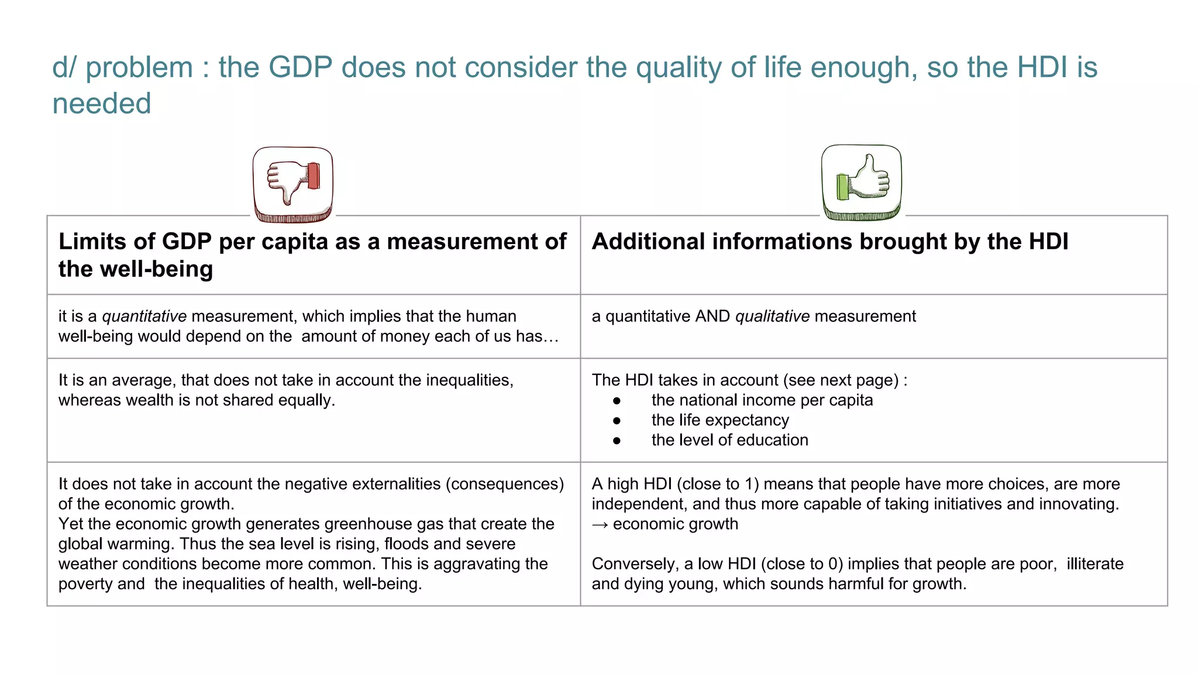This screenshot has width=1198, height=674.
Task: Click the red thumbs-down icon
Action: click(293, 184)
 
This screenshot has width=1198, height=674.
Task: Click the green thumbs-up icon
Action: click(861, 182)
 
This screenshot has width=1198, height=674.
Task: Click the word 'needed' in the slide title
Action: click(102, 104)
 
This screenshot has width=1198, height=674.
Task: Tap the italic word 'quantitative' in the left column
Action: click(144, 317)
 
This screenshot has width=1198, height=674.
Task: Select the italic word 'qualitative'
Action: click(772, 317)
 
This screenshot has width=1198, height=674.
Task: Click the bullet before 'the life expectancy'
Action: click(617, 421)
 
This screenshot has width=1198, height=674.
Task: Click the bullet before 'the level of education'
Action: click(617, 441)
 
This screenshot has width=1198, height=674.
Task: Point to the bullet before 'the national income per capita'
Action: click(617, 401)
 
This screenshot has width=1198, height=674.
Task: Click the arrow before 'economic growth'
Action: click(600, 525)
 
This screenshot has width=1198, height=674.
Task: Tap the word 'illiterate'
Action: click(1094, 564)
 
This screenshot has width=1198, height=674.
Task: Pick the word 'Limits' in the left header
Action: click(92, 242)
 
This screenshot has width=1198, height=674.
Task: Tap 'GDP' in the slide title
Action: click(300, 67)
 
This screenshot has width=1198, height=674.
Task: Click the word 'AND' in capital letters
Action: click(712, 317)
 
